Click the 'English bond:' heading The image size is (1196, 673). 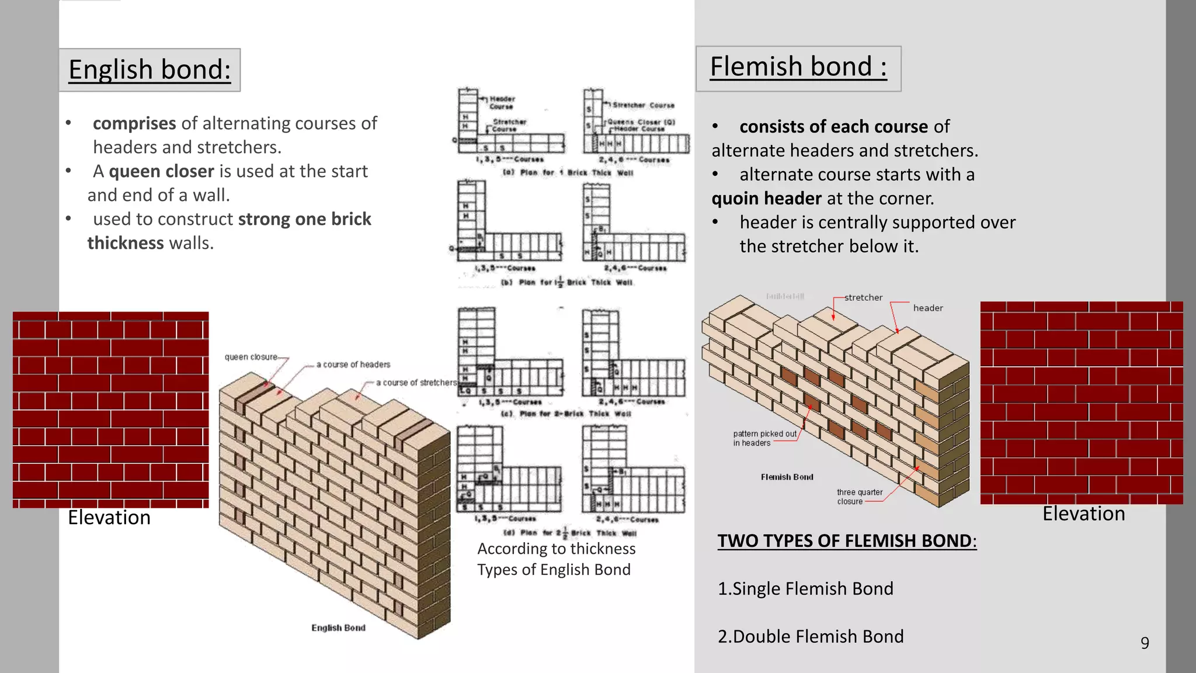point(149,70)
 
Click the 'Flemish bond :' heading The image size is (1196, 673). point(798,67)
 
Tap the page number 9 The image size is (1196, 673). point(1145,643)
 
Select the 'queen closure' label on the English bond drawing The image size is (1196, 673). point(251,357)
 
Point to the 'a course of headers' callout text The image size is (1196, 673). point(353,365)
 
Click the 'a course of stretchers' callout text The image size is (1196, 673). point(416,383)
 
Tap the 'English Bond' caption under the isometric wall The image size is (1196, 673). point(338,628)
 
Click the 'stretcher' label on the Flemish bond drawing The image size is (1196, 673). point(863,297)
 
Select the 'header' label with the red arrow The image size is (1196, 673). point(928,308)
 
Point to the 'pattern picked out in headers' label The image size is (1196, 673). point(764,438)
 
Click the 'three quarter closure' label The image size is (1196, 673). point(859,497)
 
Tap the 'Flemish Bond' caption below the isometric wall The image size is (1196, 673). point(787,477)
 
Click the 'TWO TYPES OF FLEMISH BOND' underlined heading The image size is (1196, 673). point(846,541)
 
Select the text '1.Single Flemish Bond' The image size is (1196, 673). point(805,589)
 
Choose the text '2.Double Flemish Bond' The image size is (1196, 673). point(811,637)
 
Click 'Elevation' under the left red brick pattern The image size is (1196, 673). point(109,518)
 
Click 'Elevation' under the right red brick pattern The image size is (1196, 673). point(1083,514)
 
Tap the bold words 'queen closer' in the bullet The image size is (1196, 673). point(161,171)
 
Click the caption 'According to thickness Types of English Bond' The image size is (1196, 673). point(555,559)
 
